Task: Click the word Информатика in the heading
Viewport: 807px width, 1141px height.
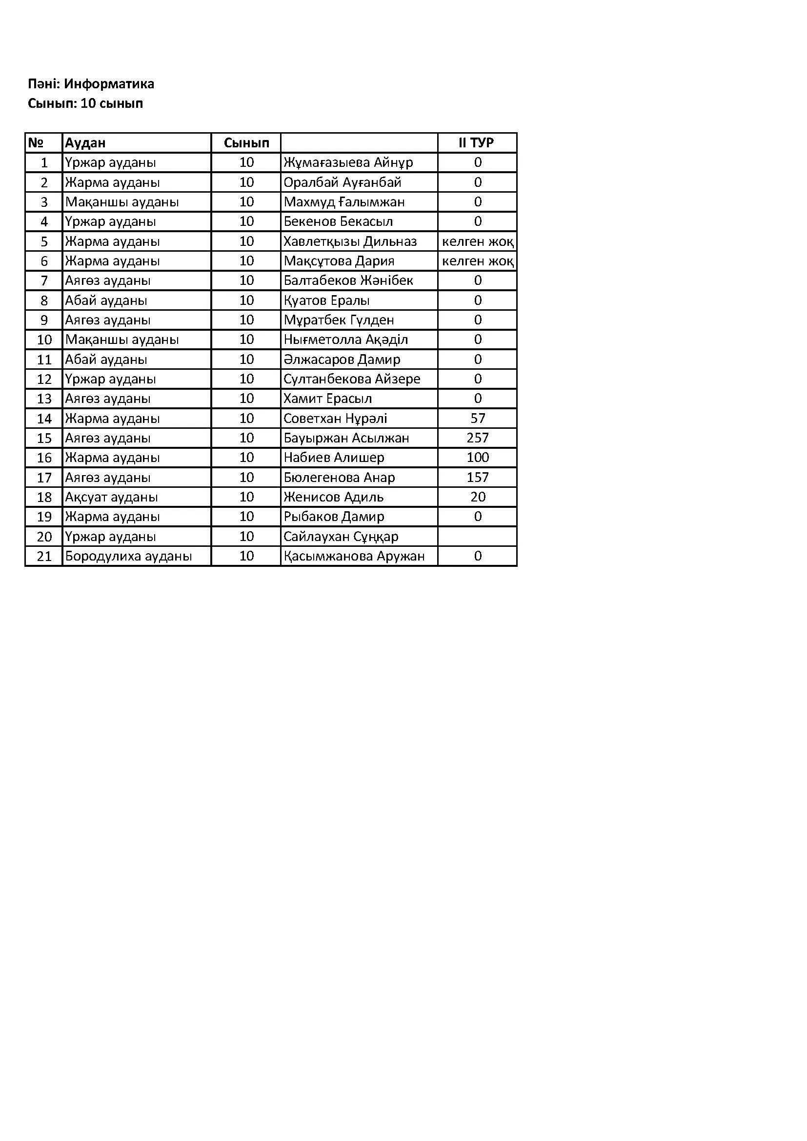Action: tap(109, 84)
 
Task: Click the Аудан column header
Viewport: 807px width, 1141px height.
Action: tap(85, 143)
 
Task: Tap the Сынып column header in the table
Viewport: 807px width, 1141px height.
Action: tap(246, 143)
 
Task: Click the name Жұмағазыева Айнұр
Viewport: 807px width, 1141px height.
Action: tap(348, 162)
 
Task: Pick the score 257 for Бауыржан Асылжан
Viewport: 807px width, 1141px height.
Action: tap(477, 438)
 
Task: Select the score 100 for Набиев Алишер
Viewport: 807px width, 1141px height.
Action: tap(477, 458)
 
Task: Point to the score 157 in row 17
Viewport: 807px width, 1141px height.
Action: tap(477, 478)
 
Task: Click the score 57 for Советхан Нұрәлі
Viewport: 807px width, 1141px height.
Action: tap(477, 419)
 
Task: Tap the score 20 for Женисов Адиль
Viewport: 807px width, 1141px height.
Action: tap(477, 497)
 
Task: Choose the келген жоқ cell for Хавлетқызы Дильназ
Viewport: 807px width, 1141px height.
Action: tap(477, 241)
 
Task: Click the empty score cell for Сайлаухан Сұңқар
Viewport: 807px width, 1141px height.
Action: tap(477, 537)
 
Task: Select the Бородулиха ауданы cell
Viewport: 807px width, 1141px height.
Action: tap(128, 556)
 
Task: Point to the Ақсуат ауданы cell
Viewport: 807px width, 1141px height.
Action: tap(111, 497)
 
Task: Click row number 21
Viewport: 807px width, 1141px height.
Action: tap(44, 556)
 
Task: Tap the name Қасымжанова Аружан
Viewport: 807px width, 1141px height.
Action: tap(354, 556)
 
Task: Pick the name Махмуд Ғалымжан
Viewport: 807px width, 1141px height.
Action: tap(344, 202)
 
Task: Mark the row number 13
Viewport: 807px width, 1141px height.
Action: tap(44, 399)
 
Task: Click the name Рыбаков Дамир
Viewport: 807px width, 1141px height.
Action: tap(333, 517)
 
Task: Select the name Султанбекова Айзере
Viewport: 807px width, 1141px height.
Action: tap(351, 379)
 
